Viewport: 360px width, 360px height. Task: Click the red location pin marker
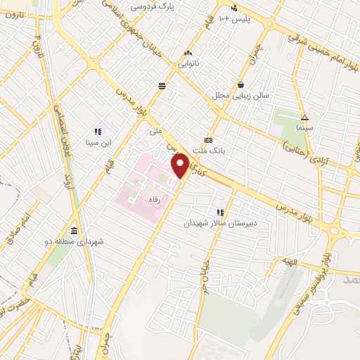pyautogui.click(x=181, y=166)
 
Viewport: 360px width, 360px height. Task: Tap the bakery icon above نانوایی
pyautogui.click(x=188, y=53)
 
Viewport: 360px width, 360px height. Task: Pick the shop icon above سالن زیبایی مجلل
pyautogui.click(x=241, y=84)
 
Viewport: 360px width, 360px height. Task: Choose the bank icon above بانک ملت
pyautogui.click(x=208, y=139)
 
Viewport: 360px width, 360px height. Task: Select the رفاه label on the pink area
pyautogui.click(x=154, y=200)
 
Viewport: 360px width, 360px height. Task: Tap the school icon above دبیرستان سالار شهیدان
pyautogui.click(x=221, y=211)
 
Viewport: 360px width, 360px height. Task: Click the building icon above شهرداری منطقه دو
pyautogui.click(x=75, y=231)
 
